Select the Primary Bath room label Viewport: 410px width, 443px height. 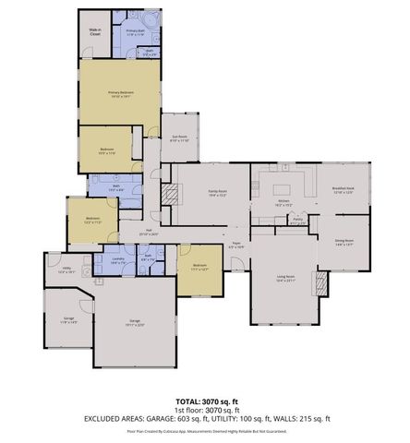[136, 32]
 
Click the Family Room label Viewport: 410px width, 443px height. [217, 193]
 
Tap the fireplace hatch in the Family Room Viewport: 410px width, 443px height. [169, 194]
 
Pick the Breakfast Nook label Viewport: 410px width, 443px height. [344, 191]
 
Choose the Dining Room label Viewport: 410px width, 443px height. [344, 242]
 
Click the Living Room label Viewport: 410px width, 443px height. [285, 278]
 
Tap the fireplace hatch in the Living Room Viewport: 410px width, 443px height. [321, 281]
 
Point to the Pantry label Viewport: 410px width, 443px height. [297, 221]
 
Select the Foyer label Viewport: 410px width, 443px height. [235, 246]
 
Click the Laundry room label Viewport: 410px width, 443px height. [118, 260]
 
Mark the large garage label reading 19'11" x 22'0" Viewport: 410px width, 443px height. [135, 322]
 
